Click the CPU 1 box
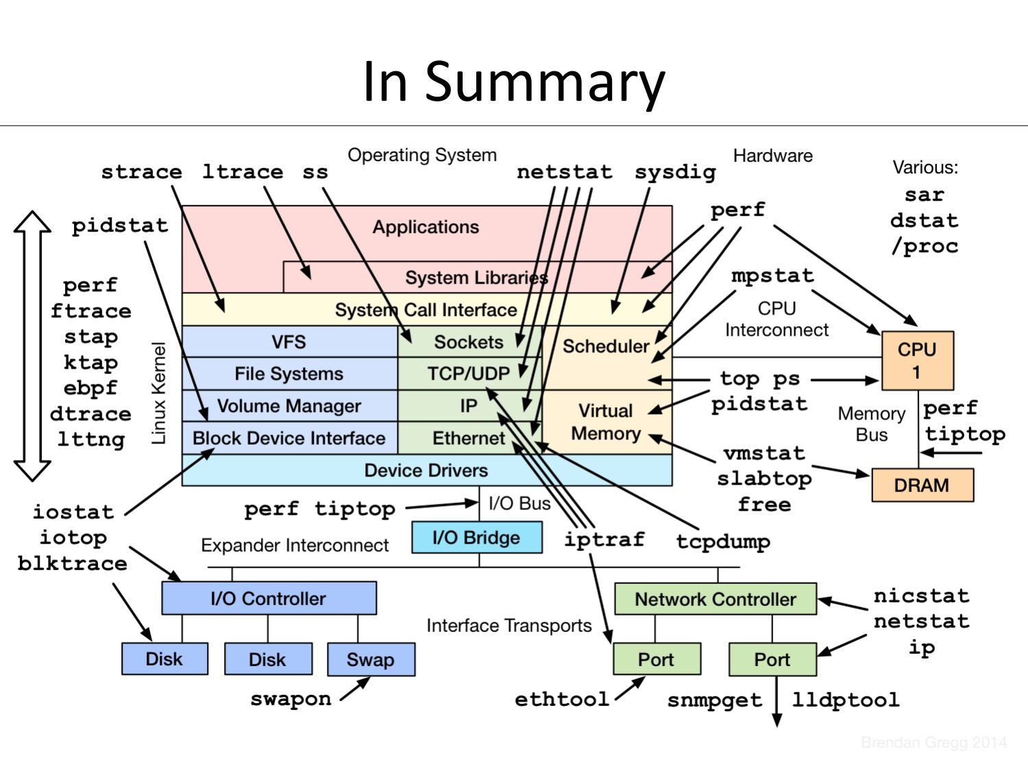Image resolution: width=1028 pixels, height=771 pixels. (x=917, y=360)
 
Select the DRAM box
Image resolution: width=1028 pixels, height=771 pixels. (x=922, y=485)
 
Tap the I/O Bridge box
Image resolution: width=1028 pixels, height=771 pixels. (x=476, y=537)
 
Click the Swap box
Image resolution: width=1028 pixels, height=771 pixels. (x=371, y=659)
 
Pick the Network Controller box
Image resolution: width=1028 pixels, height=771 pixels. (x=715, y=599)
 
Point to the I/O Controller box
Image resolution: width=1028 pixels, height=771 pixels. (x=269, y=598)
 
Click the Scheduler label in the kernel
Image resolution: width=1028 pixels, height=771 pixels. (x=606, y=346)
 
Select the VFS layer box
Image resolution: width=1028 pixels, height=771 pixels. (x=289, y=341)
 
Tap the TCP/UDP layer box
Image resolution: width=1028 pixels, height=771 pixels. (x=469, y=374)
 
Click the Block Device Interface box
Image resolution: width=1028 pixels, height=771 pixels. (x=289, y=438)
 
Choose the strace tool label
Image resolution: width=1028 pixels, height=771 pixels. (x=142, y=171)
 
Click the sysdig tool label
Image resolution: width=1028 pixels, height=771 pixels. (x=675, y=172)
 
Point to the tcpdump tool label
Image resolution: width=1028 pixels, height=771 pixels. (x=723, y=541)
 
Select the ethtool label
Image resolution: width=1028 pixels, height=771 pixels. (x=562, y=699)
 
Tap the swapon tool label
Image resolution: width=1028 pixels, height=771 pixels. (x=291, y=699)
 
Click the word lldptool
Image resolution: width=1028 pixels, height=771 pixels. (x=846, y=700)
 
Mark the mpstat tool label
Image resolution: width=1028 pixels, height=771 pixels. (x=772, y=276)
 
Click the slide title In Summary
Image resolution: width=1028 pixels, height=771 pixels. (x=513, y=82)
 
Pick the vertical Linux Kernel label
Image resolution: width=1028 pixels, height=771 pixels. (x=159, y=393)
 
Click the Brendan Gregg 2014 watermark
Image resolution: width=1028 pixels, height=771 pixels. (x=933, y=742)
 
